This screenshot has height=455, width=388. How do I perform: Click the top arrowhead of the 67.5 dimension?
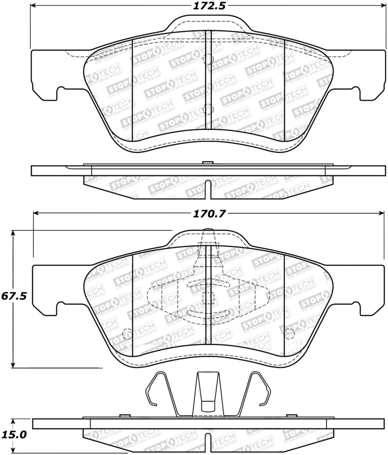pyautogui.click(x=14, y=233)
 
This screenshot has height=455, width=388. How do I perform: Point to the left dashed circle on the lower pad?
pyautogui.click(x=127, y=334)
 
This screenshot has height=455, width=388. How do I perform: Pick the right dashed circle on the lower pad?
pyautogui.click(x=289, y=334)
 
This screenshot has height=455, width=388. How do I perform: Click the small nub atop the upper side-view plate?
pyautogui.click(x=208, y=163)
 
